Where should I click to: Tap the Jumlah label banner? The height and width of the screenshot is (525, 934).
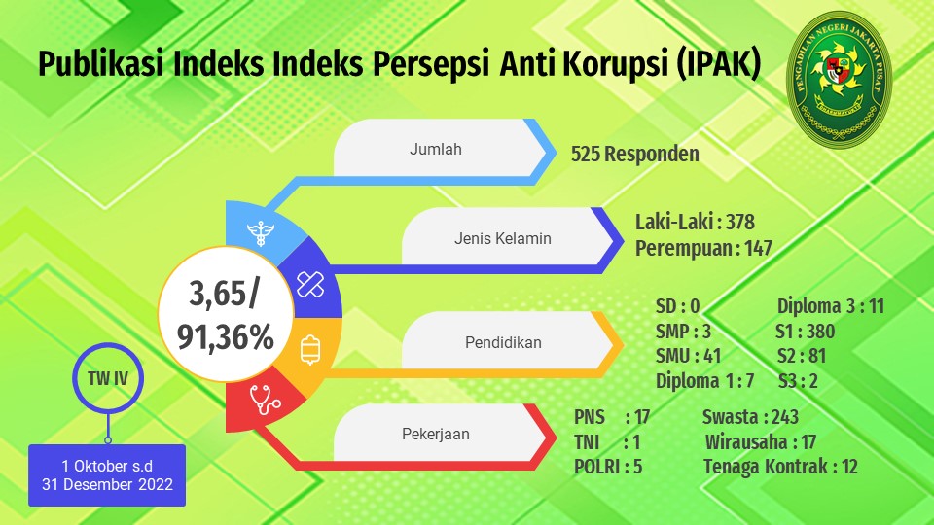441,148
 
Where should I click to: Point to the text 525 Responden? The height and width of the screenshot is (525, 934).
635,154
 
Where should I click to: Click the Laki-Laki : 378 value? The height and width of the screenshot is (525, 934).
695,222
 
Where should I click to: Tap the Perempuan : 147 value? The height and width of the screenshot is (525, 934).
703,248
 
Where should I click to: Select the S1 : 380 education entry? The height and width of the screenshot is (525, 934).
806,332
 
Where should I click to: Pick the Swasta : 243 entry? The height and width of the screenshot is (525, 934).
750,417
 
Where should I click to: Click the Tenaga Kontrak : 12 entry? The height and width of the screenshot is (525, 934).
780,467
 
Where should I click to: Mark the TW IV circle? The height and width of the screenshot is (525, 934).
108,378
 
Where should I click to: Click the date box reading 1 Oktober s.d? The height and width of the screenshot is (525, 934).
107,475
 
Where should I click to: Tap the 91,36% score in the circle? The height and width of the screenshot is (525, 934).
226,337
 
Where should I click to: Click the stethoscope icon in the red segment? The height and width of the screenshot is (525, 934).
265,400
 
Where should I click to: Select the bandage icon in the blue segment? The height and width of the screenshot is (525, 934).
310,285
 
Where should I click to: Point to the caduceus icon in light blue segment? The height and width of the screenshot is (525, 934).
261,233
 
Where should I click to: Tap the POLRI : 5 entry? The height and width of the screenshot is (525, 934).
608,467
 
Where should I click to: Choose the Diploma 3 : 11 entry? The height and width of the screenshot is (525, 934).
830,306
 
